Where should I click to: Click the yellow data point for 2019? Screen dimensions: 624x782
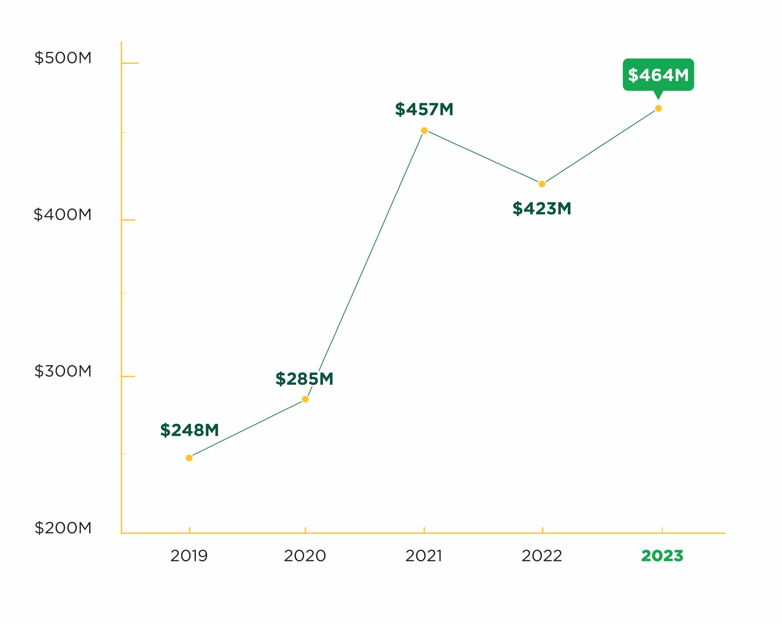point(189,458)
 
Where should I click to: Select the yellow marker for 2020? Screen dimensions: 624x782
point(305,399)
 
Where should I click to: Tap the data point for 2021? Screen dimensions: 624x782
point(424,131)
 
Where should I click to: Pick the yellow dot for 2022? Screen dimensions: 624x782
point(542,184)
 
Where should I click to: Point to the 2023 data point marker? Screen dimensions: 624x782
point(658,108)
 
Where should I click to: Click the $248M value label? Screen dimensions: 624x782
point(189,430)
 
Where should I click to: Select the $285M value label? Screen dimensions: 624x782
point(304,379)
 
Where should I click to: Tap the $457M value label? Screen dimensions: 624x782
point(424,109)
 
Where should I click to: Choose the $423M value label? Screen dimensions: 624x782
point(542,208)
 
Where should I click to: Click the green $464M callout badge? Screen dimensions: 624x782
point(658,75)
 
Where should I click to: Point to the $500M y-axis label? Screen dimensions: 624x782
point(63,58)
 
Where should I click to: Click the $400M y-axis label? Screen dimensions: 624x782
point(63,215)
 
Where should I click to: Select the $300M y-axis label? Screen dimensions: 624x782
point(63,371)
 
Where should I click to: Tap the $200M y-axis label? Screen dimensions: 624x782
point(63,528)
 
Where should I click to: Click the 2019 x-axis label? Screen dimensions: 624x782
point(189,556)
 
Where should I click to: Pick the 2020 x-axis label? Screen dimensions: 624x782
point(305,556)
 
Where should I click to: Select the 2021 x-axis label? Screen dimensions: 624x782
point(424,556)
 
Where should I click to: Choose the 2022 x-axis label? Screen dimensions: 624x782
point(542,556)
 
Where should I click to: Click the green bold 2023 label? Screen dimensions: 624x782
point(662,556)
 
